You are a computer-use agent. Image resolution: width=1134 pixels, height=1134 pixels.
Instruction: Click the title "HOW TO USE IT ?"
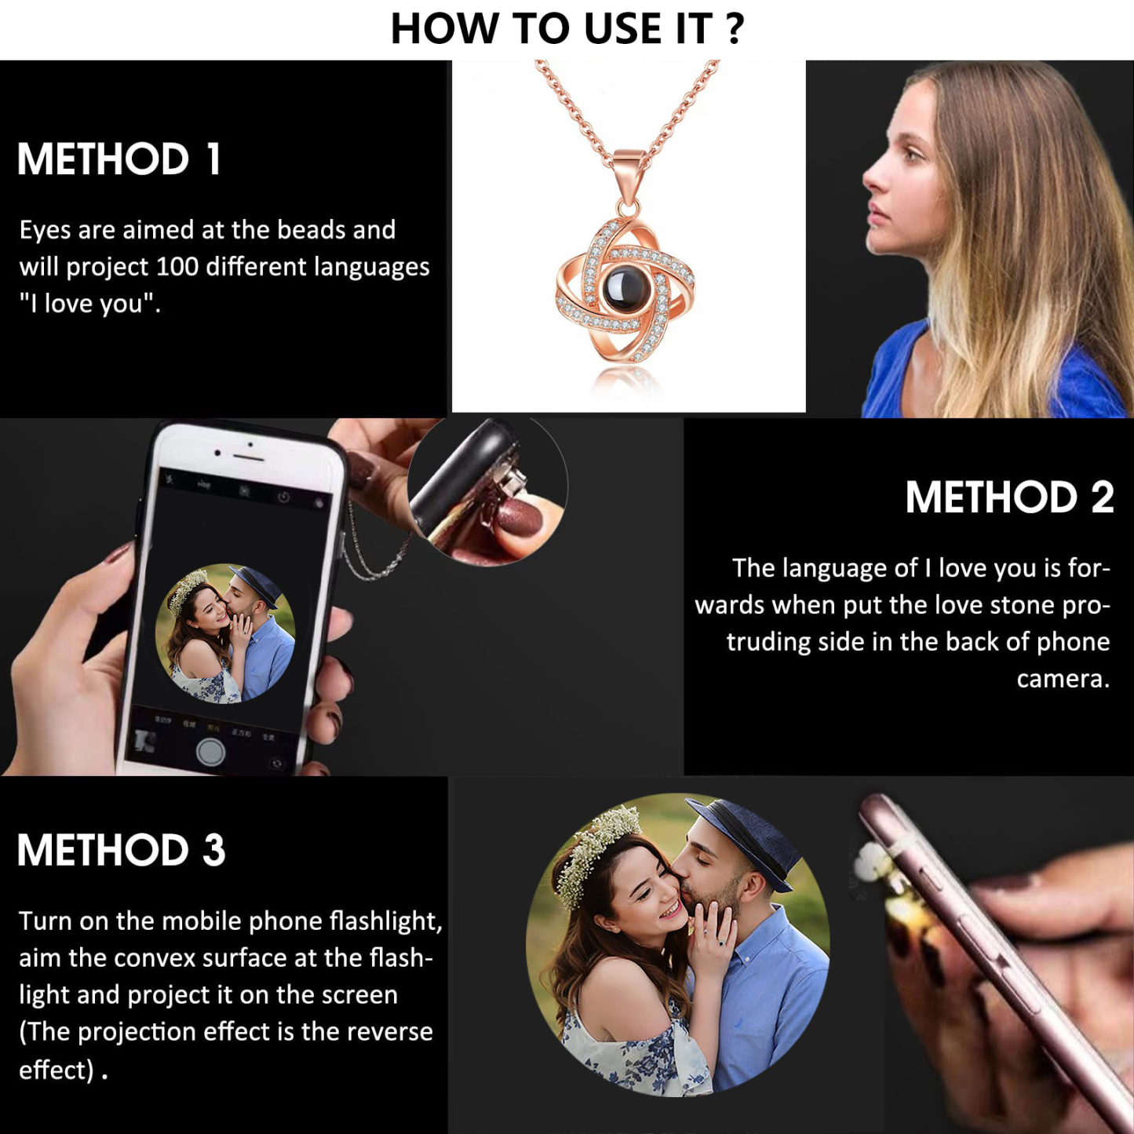point(567,30)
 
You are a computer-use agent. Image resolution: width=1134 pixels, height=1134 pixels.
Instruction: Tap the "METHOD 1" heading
point(119,159)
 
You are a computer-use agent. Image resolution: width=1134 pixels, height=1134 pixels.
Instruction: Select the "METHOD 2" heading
point(1009,498)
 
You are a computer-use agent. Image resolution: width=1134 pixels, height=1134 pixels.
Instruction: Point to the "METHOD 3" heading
point(122,851)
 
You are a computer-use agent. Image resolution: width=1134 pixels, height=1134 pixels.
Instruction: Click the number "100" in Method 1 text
point(177,268)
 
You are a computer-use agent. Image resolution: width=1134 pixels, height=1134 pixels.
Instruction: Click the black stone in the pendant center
point(625,287)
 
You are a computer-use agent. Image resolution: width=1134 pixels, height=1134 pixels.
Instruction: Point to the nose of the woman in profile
point(870,179)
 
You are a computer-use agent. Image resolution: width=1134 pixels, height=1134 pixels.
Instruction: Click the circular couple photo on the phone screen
point(226,633)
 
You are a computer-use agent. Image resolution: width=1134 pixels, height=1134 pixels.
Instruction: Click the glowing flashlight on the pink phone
point(902,910)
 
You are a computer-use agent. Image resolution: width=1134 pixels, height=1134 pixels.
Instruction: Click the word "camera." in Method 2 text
point(1063,679)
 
